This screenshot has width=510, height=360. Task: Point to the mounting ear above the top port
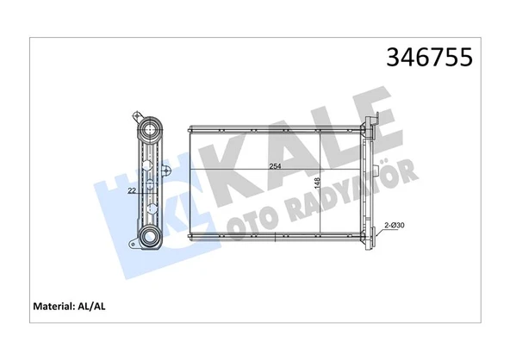click(139, 114)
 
